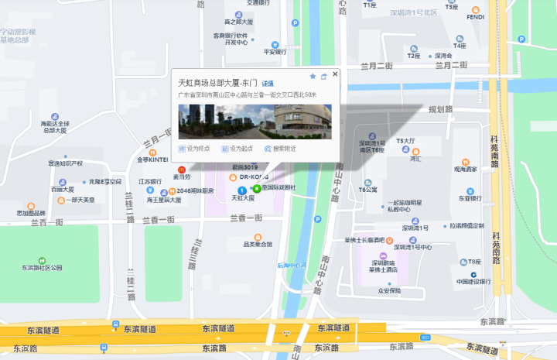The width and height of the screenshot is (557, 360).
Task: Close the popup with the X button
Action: pyautogui.click(x=335, y=74)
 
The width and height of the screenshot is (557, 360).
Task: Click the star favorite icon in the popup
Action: pyautogui.click(x=313, y=77)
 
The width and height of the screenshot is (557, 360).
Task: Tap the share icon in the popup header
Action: pyautogui.click(x=323, y=77)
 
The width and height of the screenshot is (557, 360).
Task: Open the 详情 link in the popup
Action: pyautogui.click(x=267, y=83)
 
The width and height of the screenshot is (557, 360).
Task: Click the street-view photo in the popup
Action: pyautogui.click(x=255, y=121)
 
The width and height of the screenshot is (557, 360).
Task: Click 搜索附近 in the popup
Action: pyautogui.click(x=280, y=149)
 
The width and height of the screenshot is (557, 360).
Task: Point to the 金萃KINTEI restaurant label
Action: pyautogui.click(x=152, y=160)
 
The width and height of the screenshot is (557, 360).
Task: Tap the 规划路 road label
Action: pyautogui.click(x=440, y=110)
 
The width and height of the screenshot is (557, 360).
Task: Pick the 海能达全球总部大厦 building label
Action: pyautogui.click(x=56, y=127)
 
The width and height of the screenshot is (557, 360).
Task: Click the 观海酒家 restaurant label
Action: pyautogui.click(x=465, y=169)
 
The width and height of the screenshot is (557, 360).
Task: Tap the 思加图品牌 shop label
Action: pyautogui.click(x=32, y=213)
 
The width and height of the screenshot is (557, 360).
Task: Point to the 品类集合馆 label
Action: pyautogui.click(x=258, y=244)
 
